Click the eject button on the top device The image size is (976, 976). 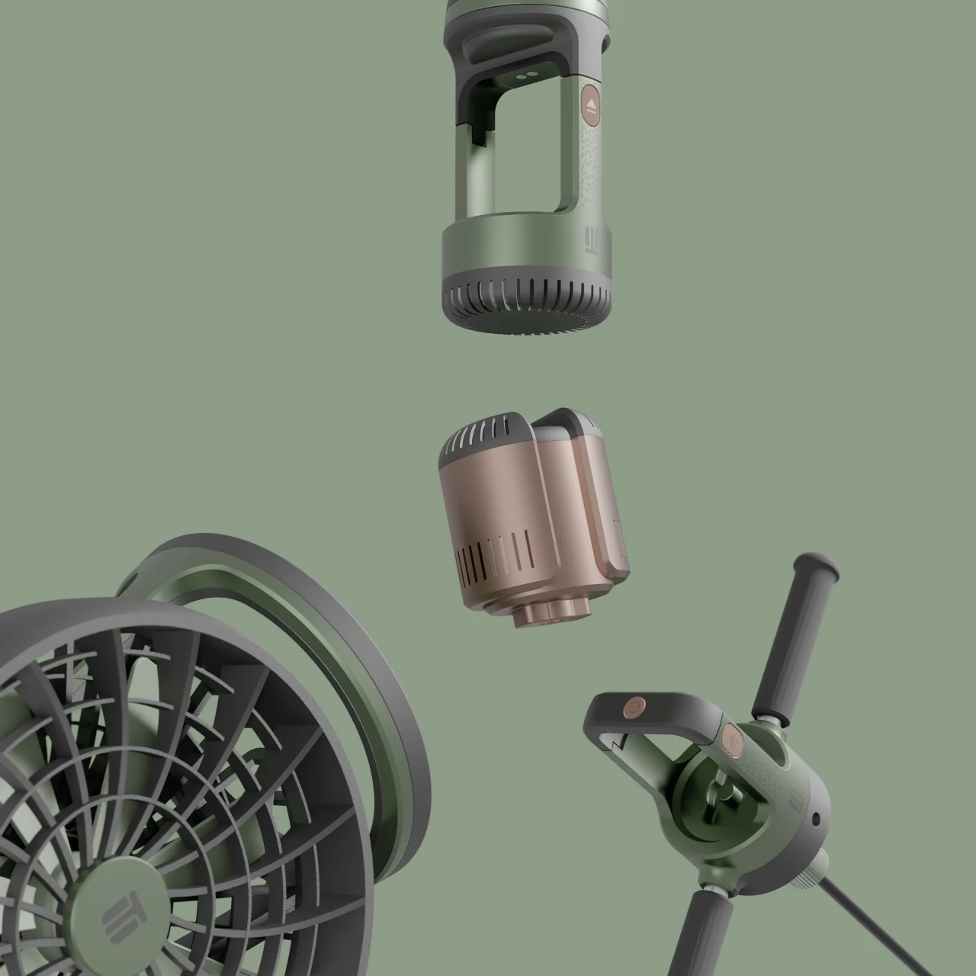tap(592, 106)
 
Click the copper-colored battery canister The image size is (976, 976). tap(518, 511)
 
